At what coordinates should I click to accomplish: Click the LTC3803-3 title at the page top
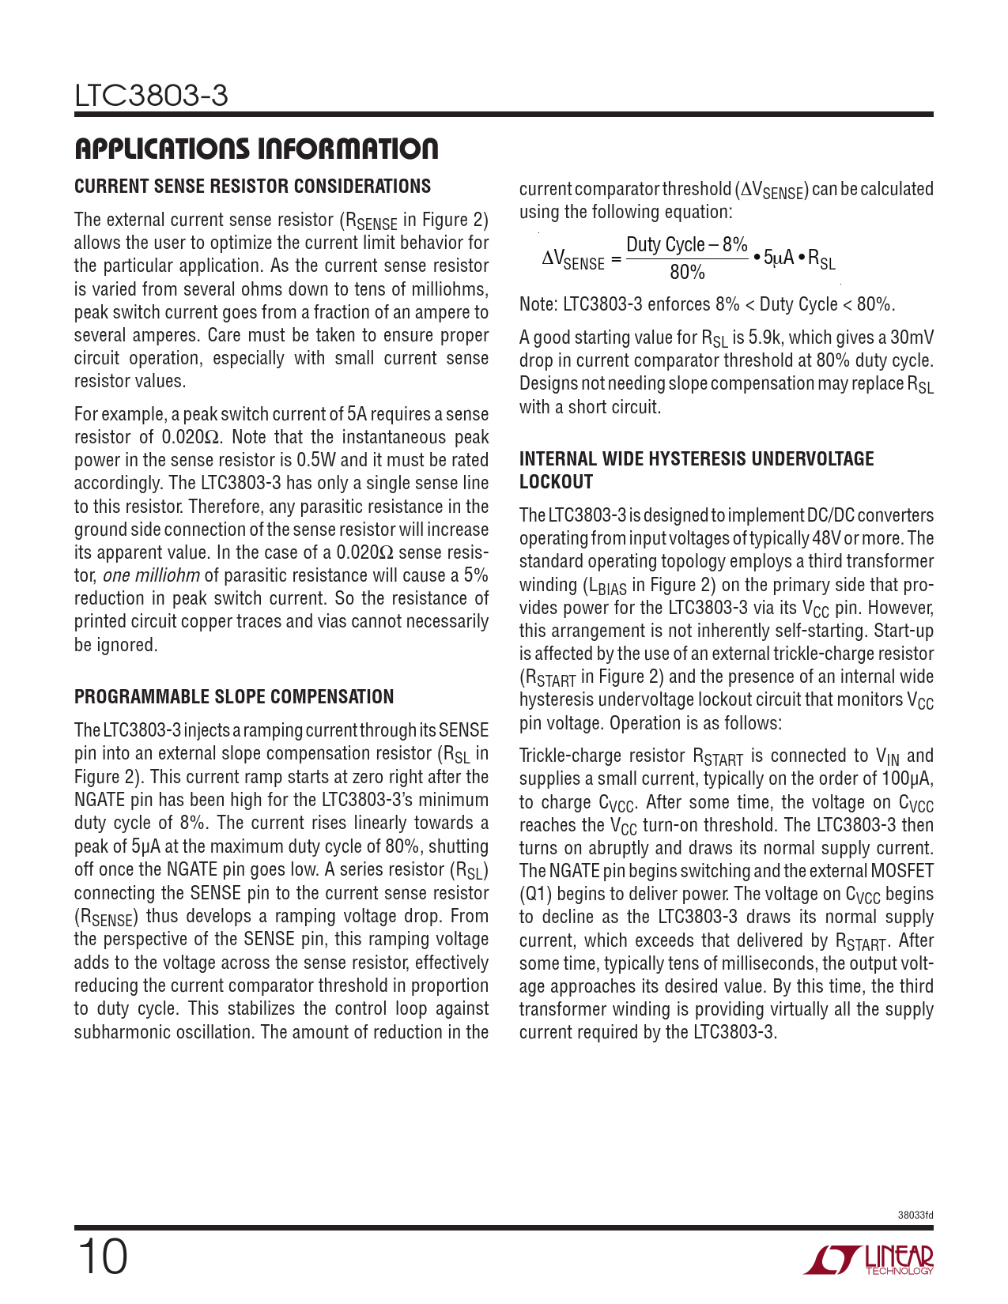point(151,96)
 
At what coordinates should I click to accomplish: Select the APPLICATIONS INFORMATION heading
point(255,149)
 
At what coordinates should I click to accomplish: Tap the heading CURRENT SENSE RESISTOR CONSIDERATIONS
point(252,187)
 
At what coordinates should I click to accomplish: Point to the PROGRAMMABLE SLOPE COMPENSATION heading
point(233,697)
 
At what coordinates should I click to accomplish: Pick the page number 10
point(102,1257)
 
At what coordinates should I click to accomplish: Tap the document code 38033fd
point(916,1215)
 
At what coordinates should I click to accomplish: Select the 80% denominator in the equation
point(686,273)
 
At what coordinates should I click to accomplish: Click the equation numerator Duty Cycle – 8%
point(686,245)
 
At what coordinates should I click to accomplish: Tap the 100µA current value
point(907,779)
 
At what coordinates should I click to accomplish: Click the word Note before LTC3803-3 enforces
point(538,305)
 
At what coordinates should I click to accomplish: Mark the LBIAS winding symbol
point(606,586)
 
